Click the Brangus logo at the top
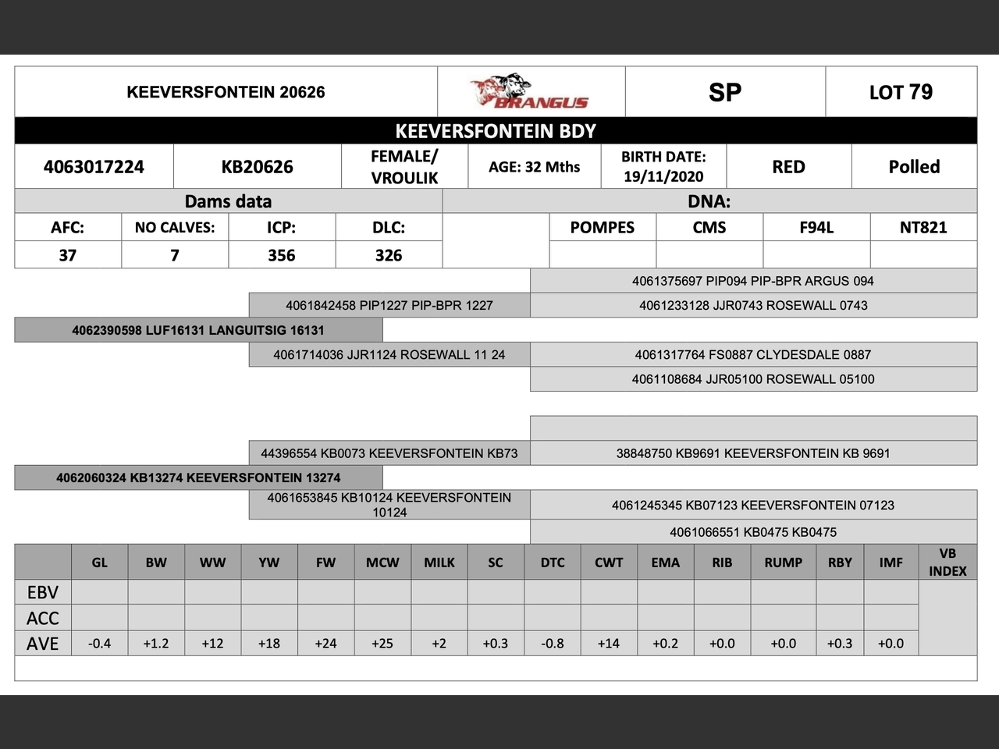tap(531, 92)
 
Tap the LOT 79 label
tap(901, 92)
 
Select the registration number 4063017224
tap(94, 166)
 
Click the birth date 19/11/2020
tap(663, 176)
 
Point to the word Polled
tap(914, 166)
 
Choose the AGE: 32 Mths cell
tap(534, 166)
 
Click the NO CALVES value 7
tap(175, 255)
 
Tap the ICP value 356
tap(282, 255)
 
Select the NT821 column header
tap(923, 227)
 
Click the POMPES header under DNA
tap(602, 227)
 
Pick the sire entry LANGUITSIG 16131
tap(198, 330)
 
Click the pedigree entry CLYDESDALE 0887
tap(752, 354)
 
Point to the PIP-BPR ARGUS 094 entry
tap(752, 281)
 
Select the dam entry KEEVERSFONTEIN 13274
tap(198, 477)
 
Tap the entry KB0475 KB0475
tap(752, 532)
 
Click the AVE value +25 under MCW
tap(382, 644)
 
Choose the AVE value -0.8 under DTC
tap(553, 644)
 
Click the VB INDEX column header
tap(947, 562)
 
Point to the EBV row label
tap(43, 592)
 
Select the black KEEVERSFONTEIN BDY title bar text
tap(496, 131)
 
